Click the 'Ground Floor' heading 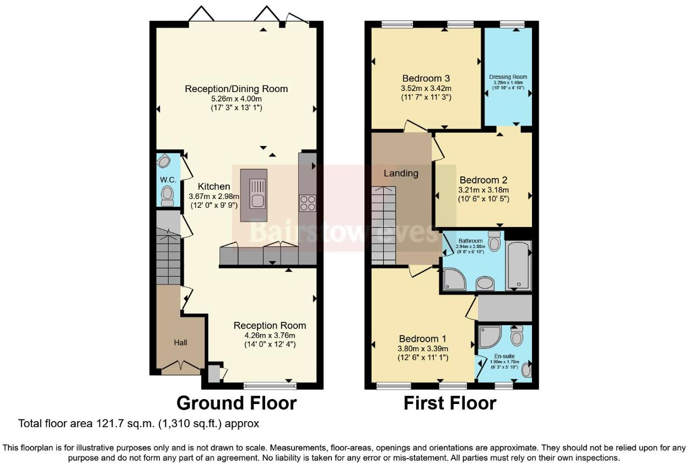(x=236, y=403)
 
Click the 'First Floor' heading (x=450, y=403)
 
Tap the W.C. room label (x=168, y=180)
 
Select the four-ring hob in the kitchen (x=307, y=203)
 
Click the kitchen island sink (x=257, y=193)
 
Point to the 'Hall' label (x=181, y=342)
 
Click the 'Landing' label (x=401, y=173)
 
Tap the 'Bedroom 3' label (x=426, y=78)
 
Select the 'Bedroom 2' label (x=483, y=180)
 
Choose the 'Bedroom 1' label (x=423, y=338)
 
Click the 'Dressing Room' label (x=508, y=77)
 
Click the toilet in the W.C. (x=167, y=195)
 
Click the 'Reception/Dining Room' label (x=236, y=89)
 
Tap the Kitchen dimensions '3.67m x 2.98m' (x=214, y=196)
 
